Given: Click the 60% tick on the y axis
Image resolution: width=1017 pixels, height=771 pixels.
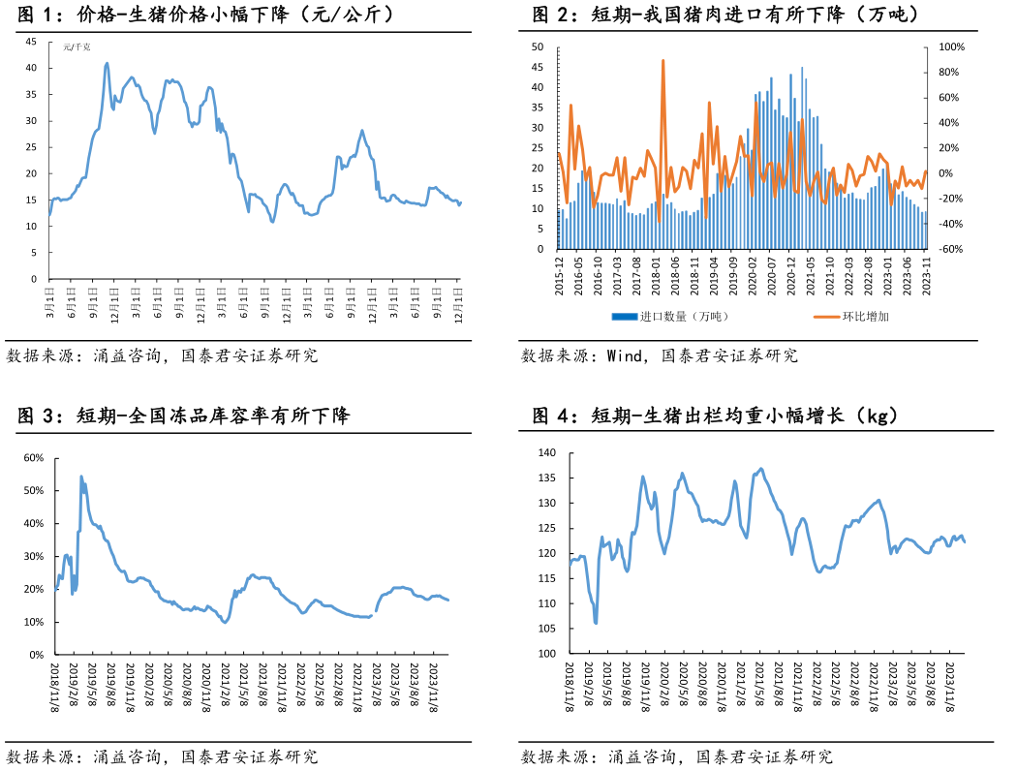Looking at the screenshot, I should (34, 458).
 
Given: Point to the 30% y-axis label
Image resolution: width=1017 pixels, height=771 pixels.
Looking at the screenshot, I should (34, 556).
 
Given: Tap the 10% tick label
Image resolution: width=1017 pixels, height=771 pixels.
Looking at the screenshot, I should (34, 622).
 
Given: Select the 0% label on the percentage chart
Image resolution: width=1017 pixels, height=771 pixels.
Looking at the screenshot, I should (37, 655).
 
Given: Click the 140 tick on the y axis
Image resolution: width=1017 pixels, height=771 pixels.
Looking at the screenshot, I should (547, 453).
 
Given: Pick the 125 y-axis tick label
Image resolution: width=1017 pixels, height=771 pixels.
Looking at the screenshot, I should (547, 529).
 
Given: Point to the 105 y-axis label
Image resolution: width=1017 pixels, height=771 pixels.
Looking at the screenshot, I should (547, 630).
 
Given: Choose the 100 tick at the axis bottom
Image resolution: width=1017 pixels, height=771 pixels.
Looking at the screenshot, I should (547, 655).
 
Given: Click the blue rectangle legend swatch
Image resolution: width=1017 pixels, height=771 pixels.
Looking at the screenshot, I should (625, 316).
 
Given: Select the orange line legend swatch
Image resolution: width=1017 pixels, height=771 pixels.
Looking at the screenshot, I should (826, 316).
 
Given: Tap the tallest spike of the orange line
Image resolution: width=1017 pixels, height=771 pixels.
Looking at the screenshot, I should (663, 61).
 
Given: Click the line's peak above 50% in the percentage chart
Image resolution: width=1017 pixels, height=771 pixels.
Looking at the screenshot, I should (81, 477).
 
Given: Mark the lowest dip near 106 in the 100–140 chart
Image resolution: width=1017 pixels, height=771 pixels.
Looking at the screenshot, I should (596, 623).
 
